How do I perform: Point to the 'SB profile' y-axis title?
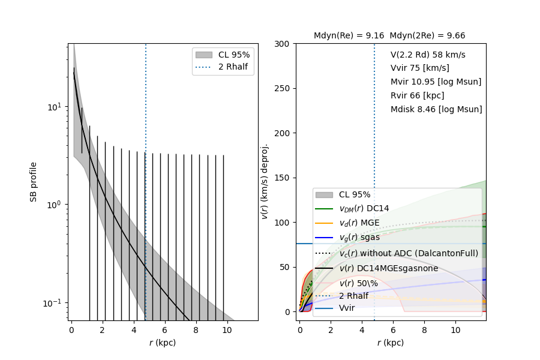click(34, 182)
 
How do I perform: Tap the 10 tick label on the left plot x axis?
click(227, 329)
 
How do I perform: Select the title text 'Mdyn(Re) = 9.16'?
click(350, 35)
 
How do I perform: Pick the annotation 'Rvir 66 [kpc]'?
click(417, 95)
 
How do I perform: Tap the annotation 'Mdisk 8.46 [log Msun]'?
click(436, 109)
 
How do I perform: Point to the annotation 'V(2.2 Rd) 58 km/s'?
click(428, 55)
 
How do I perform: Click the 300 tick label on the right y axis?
click(282, 44)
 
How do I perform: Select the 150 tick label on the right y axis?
click(282, 178)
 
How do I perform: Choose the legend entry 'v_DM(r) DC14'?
click(364, 208)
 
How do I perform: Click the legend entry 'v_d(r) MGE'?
click(359, 223)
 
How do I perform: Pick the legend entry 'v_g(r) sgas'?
click(359, 238)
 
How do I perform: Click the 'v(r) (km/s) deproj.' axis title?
click(265, 181)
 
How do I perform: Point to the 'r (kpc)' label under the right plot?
click(391, 343)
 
